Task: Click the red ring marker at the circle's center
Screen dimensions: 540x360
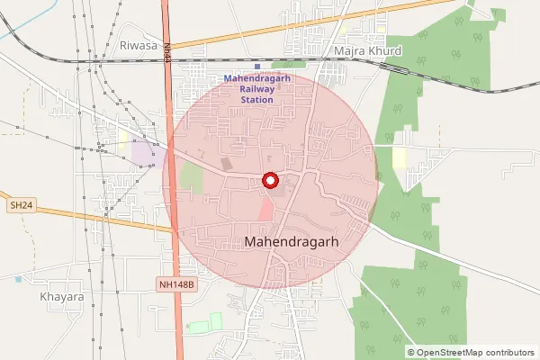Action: pos(269,180)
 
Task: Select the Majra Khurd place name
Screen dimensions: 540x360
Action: pos(367,51)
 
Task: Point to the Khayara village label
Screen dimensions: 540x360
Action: pos(62,296)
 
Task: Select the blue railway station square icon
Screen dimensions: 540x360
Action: pos(256,67)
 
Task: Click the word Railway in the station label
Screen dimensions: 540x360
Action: pos(261,89)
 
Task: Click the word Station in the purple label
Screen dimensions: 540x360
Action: pos(261,99)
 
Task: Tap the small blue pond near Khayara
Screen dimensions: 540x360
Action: pos(18,279)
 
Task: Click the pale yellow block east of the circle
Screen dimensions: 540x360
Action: pos(399,158)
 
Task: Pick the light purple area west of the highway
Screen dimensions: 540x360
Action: pos(142,152)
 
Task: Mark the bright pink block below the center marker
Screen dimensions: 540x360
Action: pos(265,211)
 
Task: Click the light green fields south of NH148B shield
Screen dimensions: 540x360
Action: pos(204,323)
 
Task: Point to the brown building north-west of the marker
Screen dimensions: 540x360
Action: pos(226,165)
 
